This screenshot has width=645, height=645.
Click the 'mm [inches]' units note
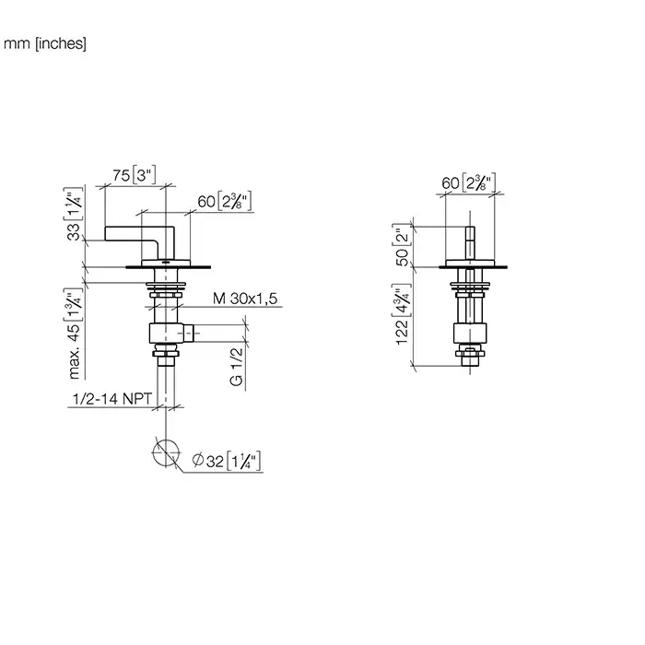(x=45, y=43)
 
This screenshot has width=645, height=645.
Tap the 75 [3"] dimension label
(x=135, y=175)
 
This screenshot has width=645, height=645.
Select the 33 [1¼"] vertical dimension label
(x=73, y=214)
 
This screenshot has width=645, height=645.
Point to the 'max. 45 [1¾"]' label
(x=74, y=334)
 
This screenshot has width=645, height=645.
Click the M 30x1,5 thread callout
(x=245, y=299)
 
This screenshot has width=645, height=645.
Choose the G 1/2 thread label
(x=237, y=367)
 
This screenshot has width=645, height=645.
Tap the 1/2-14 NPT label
(x=111, y=399)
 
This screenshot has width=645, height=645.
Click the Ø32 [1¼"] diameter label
(x=227, y=461)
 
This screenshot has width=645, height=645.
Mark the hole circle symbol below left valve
(x=166, y=453)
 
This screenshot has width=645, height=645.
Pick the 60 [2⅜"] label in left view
(x=224, y=201)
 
